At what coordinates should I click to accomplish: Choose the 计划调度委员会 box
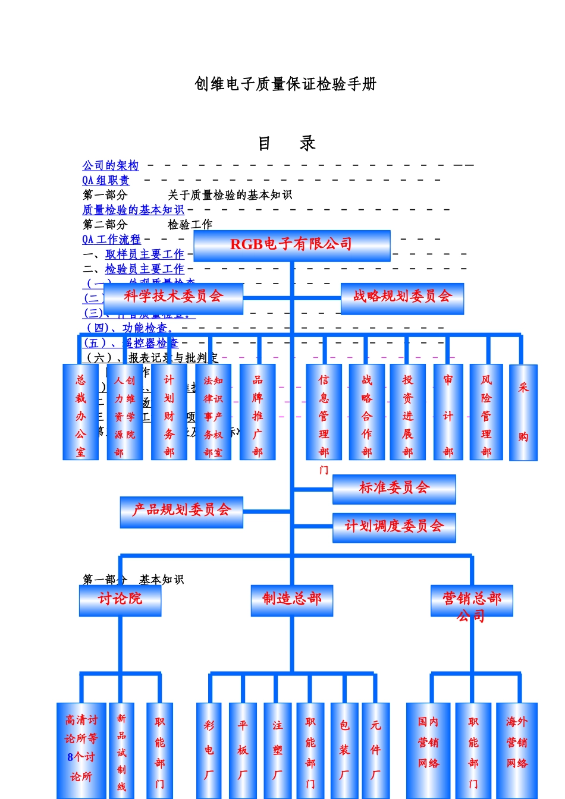coord(394,527)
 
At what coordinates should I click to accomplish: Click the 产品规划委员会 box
coord(181,512)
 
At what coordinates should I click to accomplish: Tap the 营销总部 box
coord(472,600)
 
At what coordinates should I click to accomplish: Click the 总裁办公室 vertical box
coord(80,412)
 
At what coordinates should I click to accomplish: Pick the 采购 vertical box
coord(523,412)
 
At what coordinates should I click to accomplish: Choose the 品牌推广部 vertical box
coord(258,412)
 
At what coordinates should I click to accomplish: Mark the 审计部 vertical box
coord(448,412)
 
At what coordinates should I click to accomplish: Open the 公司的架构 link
coord(111,165)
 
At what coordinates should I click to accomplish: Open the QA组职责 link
coord(105,180)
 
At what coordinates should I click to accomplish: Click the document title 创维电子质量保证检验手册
coord(285,84)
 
